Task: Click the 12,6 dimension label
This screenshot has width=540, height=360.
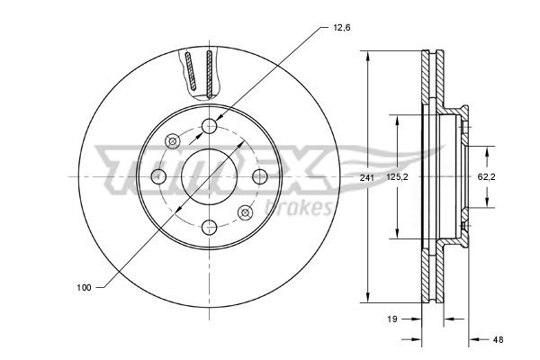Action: [x=342, y=28]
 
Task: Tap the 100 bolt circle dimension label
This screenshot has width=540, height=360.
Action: [x=85, y=287]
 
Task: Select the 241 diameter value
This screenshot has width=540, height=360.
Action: [x=366, y=177]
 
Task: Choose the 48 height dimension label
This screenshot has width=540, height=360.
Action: [x=498, y=339]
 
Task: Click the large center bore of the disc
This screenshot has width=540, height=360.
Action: [x=208, y=175]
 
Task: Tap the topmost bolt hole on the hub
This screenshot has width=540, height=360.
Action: [x=209, y=125]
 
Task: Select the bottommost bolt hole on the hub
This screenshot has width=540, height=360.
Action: [x=209, y=226]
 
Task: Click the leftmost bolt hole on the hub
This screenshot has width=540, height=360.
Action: [x=158, y=175]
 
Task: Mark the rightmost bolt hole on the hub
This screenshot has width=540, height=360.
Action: [x=259, y=175]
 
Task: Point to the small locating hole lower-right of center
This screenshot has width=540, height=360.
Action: [x=244, y=211]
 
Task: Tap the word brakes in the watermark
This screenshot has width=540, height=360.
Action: [x=306, y=209]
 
